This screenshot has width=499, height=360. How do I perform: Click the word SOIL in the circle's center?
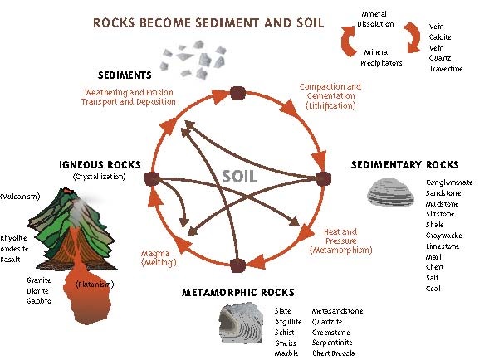pyautogui.click(x=239, y=177)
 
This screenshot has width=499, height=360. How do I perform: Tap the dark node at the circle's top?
pyautogui.click(x=237, y=93)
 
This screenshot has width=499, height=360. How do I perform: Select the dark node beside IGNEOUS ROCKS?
pyautogui.click(x=152, y=178)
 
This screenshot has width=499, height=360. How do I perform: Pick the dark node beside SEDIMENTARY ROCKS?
pyautogui.click(x=323, y=178)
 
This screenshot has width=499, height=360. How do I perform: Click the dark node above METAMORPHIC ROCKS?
pyautogui.click(x=237, y=265)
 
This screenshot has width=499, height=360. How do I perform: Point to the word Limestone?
pyautogui.click(x=443, y=246)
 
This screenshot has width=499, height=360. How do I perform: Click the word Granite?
pyautogui.click(x=39, y=280)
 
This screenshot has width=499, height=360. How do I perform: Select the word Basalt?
pyautogui.click(x=10, y=260)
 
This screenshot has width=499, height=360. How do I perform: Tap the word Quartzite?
pyautogui.click(x=327, y=322)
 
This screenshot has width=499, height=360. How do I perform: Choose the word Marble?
pyautogui.click(x=286, y=353)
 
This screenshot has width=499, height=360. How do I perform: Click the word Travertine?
pyautogui.click(x=446, y=69)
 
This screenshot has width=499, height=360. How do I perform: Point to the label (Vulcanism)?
pyautogui.click(x=20, y=197)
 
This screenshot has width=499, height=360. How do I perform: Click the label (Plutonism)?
pyautogui.click(x=95, y=285)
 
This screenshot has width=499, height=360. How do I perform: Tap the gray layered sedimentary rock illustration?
pyautogui.click(x=390, y=192)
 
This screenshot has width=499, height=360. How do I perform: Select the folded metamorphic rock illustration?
pyautogui.click(x=241, y=324)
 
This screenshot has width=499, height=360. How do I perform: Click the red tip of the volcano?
pyautogui.click(x=67, y=191)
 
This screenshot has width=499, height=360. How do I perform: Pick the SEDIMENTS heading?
pyautogui.click(x=125, y=75)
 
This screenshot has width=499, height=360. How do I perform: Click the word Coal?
pyautogui.click(x=433, y=289)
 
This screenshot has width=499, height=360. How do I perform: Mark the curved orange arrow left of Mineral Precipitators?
pyautogui.click(x=348, y=41)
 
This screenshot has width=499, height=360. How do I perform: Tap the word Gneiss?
pyautogui.click(x=285, y=343)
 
